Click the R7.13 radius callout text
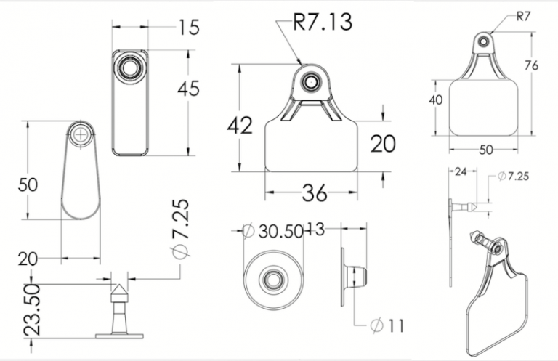(323, 22)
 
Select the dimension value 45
(188, 89)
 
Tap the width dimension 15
(189, 28)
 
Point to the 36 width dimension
(315, 193)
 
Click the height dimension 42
(240, 125)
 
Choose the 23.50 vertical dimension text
(32, 309)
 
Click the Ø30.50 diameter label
(272, 231)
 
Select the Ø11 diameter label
(387, 325)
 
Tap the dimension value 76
(531, 65)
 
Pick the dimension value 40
(436, 100)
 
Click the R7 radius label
(523, 17)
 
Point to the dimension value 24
(461, 172)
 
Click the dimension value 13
(315, 230)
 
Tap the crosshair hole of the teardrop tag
(81, 134)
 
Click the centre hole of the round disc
(274, 279)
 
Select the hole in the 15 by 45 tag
(130, 67)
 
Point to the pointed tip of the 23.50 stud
(118, 285)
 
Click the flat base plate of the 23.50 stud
(119, 336)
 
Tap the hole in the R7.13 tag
(310, 82)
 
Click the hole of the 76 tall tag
(483, 42)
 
